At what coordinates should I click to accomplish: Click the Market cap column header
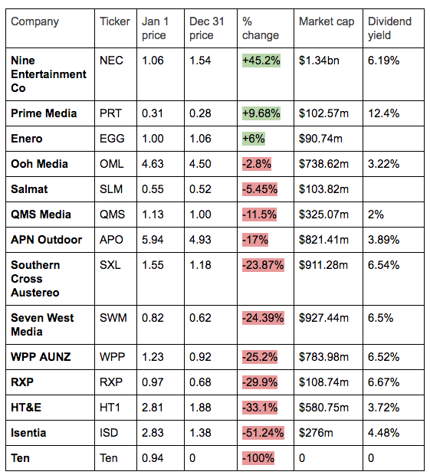click(327, 21)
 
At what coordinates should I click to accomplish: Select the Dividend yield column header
click(389, 28)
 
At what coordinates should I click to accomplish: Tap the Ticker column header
click(114, 21)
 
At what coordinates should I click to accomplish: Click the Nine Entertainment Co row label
click(48, 74)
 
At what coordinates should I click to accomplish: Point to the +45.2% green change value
click(261, 61)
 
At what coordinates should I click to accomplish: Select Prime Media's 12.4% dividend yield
click(383, 113)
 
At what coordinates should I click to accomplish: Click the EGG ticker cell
click(112, 139)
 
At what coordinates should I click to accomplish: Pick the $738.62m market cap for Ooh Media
click(323, 164)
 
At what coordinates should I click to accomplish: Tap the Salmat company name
click(29, 189)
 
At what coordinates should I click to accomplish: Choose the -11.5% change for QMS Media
click(259, 215)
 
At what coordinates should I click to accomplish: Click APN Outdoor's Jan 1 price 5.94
click(153, 240)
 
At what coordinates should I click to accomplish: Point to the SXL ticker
click(110, 265)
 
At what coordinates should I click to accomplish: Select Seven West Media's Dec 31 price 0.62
click(200, 318)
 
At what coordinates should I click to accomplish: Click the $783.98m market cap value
click(323, 357)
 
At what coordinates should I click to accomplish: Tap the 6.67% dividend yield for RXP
click(383, 382)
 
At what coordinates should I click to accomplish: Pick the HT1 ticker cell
click(110, 408)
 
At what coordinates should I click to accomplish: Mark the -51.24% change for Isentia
click(263, 433)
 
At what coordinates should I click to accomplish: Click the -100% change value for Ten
click(258, 458)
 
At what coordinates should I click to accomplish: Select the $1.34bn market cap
click(319, 61)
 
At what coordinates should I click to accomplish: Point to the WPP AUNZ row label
click(41, 357)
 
